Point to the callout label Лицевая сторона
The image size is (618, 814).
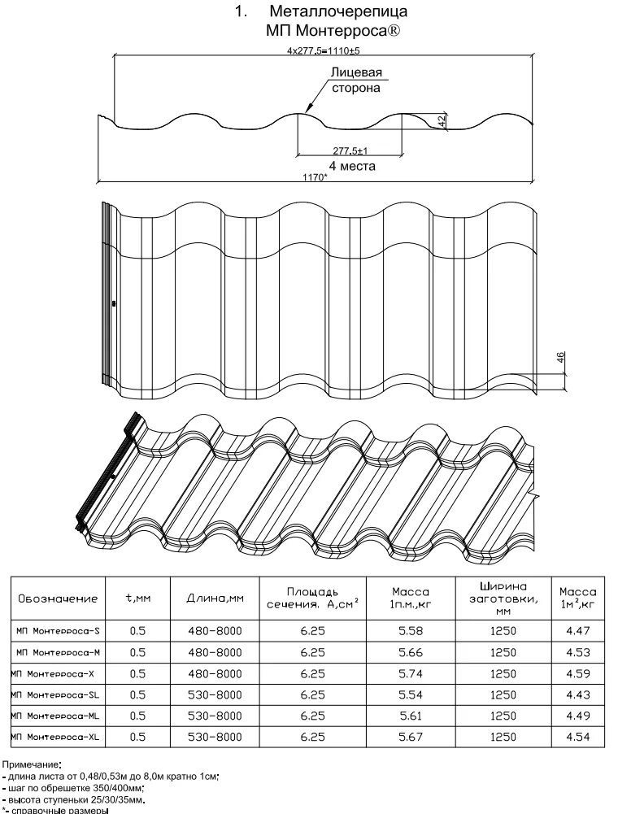356,81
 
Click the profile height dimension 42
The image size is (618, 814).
442,120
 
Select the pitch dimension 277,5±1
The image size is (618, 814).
351,150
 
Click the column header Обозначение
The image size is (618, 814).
58,599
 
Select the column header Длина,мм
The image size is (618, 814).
215,599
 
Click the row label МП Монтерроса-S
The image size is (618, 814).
59,630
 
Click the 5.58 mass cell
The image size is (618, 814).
410,630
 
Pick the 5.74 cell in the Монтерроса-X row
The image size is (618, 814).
410,673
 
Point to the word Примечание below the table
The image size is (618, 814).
31,764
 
